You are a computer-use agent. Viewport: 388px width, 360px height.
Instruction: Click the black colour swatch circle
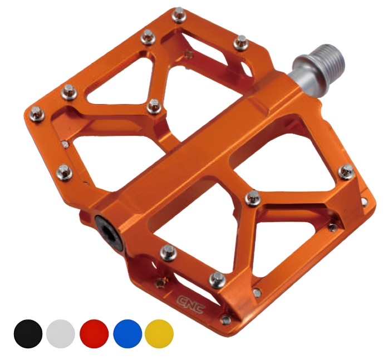(28, 334)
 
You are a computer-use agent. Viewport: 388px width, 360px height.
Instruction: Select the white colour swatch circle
(60, 334)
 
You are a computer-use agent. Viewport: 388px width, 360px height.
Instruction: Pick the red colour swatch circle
(94, 334)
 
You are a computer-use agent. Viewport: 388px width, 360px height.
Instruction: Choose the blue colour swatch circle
(127, 334)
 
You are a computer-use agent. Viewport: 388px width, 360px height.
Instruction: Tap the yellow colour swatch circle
(159, 334)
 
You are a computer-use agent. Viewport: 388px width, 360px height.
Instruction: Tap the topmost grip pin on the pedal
(179, 15)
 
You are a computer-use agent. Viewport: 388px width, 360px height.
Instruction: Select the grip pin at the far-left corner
(37, 114)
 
